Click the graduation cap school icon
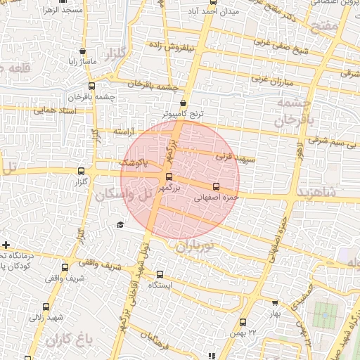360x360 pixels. point(120,225)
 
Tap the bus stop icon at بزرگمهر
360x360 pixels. point(169,176)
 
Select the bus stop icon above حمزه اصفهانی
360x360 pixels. point(216,186)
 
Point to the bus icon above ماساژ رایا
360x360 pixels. point(84,51)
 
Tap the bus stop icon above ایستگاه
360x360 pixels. point(161,274)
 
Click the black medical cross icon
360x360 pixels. point(6,245)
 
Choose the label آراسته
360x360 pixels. point(108,131)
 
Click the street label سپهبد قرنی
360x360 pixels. point(233,157)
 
